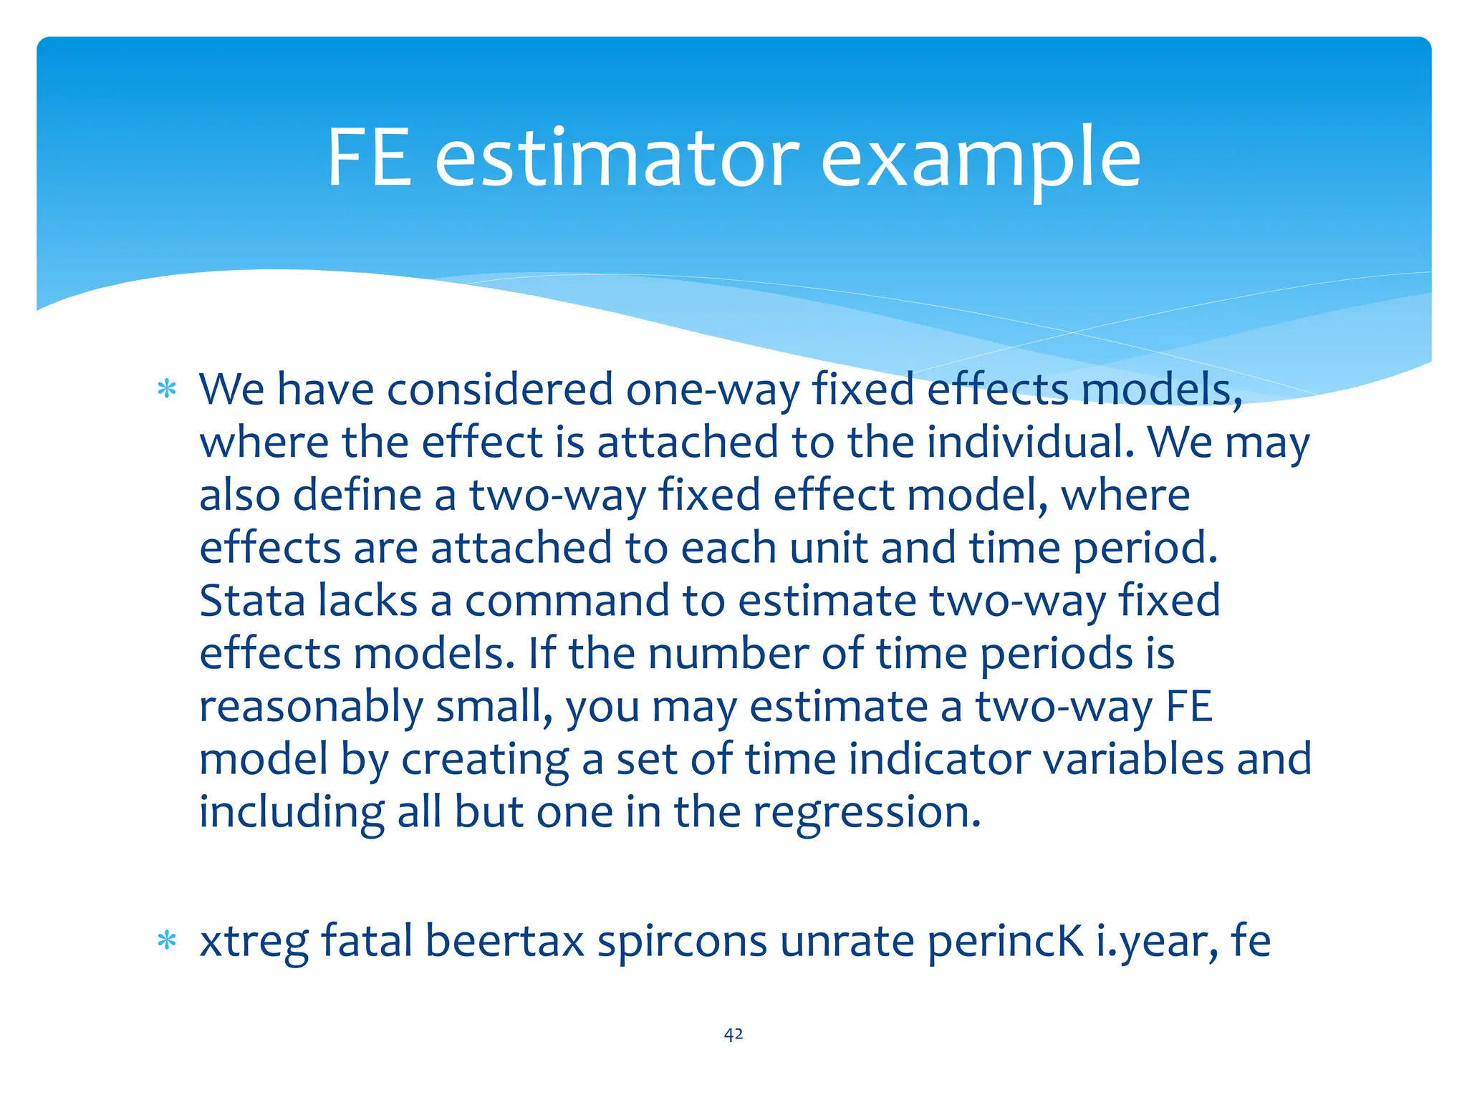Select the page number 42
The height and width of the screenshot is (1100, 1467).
pyautogui.click(x=733, y=1034)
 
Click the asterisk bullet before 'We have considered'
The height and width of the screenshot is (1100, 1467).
pyautogui.click(x=167, y=390)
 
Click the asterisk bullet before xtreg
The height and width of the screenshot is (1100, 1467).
pyautogui.click(x=167, y=941)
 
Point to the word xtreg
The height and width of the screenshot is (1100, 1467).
pyautogui.click(x=254, y=942)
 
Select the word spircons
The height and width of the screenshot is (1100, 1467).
pyautogui.click(x=682, y=942)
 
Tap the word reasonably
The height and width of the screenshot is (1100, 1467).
pyautogui.click(x=311, y=708)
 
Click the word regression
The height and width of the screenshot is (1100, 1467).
pyautogui.click(x=867, y=814)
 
